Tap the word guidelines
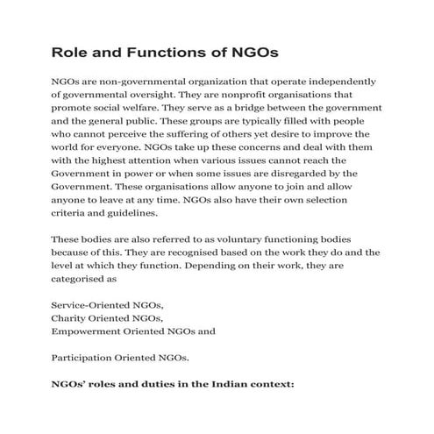132,212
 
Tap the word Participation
88,358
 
